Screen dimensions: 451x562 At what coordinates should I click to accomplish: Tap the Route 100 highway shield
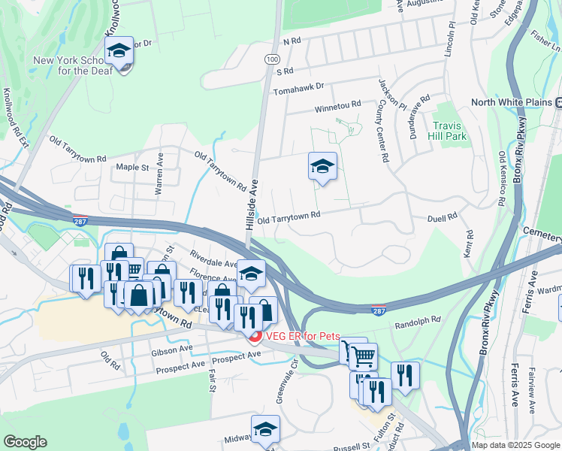[x=270, y=58]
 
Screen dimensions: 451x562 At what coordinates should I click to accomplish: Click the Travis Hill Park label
[x=450, y=131]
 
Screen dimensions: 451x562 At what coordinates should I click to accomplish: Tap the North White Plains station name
[x=512, y=103]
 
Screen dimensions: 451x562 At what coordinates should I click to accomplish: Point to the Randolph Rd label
[x=417, y=321]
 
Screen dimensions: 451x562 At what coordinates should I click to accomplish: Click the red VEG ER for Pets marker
[x=255, y=337]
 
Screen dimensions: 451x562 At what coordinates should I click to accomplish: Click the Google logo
[x=25, y=442]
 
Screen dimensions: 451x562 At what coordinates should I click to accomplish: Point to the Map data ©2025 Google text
[x=515, y=445]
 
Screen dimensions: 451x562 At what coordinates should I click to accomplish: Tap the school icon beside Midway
[x=265, y=431]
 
